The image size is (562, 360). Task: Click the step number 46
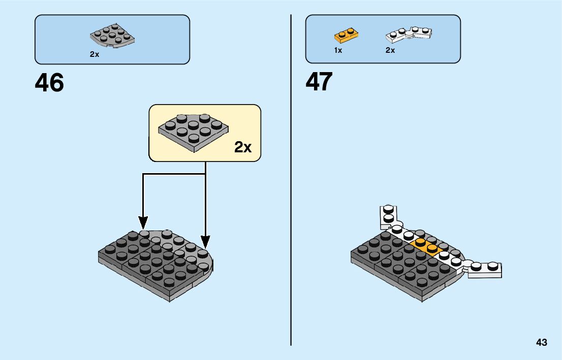pyautogui.click(x=49, y=83)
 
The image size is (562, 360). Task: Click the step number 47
pyautogui.click(x=319, y=82)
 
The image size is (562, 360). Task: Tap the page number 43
pyautogui.click(x=541, y=342)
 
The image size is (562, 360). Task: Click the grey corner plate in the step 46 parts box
pyautogui.click(x=112, y=37)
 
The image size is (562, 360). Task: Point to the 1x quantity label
pyautogui.click(x=338, y=50)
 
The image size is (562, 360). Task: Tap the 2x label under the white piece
pyautogui.click(x=390, y=50)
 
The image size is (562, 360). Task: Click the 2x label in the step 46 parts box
pyautogui.click(x=95, y=54)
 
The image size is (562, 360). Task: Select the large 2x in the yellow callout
pyautogui.click(x=242, y=147)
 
